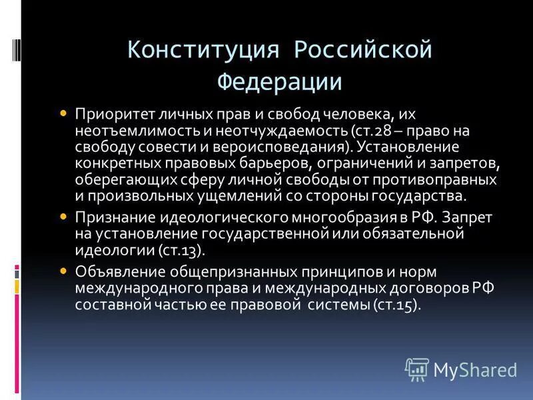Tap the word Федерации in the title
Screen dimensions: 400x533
click(280, 81)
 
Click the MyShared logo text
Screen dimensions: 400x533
click(475, 369)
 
